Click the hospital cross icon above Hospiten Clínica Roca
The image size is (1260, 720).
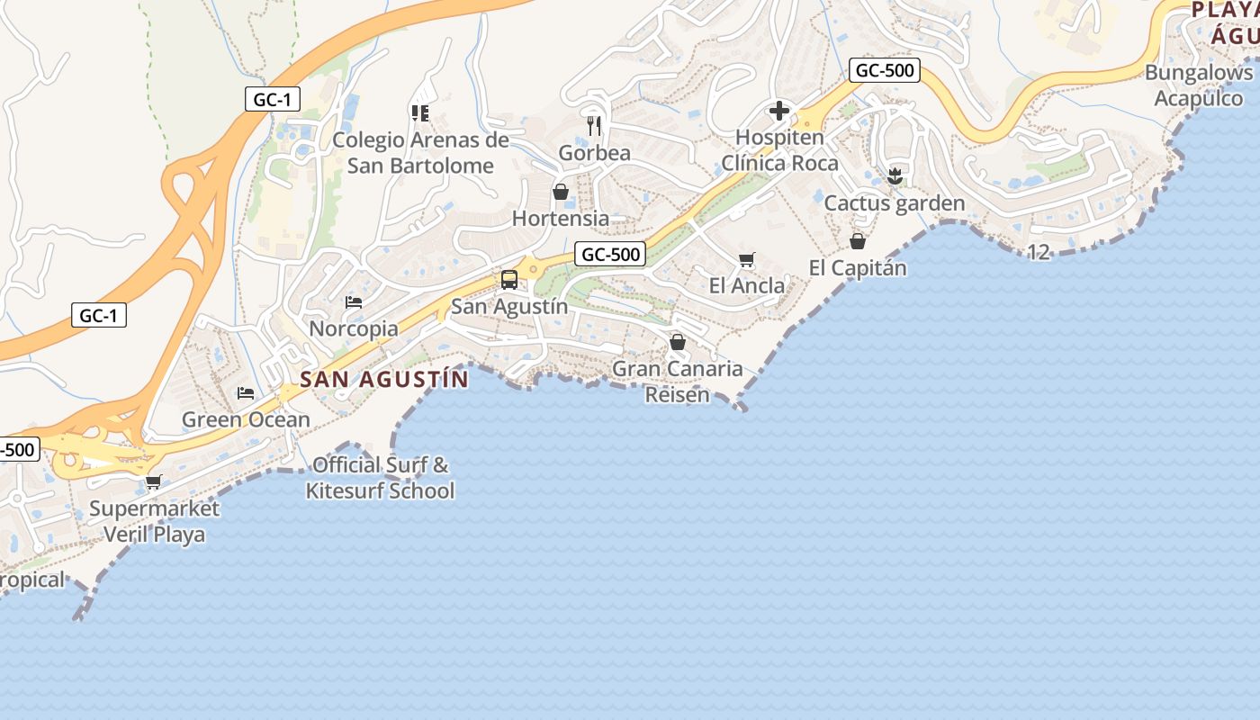coord(779,112)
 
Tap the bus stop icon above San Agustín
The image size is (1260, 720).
coord(509,279)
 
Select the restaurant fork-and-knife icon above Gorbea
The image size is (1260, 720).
coord(594,125)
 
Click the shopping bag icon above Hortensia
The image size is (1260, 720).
coord(561,192)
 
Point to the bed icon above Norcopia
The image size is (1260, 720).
coord(354,302)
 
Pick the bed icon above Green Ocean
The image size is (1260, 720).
coord(245,393)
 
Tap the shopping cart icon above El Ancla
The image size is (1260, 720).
coord(746,260)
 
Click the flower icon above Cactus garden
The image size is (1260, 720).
coord(894,176)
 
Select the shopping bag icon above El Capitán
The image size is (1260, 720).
coord(858,241)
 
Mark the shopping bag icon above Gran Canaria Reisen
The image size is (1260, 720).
coord(678,342)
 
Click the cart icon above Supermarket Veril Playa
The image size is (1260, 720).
coord(154,481)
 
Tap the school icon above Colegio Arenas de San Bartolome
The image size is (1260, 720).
coord(419,112)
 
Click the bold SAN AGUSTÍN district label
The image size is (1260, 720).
coord(384,379)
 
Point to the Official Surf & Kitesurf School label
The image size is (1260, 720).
coord(380,478)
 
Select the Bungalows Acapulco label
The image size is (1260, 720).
coord(1199,85)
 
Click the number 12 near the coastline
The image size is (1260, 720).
coord(1039,252)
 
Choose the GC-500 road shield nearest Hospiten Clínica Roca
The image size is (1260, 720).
coord(884,70)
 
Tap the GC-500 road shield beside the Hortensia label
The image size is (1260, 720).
coord(610,254)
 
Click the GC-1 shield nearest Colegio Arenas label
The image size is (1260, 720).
coord(273,99)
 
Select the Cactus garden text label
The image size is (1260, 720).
coord(895,203)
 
